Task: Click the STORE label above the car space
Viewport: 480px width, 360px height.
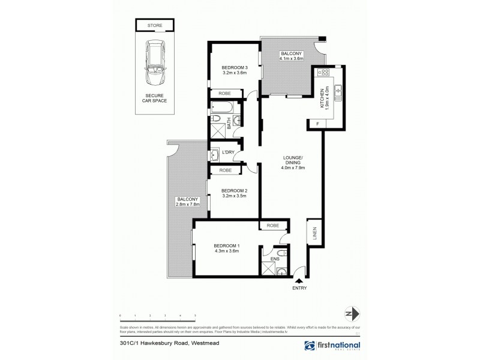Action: (155, 25)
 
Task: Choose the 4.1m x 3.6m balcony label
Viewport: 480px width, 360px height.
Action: (292, 57)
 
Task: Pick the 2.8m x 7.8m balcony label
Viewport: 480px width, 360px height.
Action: (188, 202)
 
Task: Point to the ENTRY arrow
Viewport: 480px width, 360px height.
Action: (299, 280)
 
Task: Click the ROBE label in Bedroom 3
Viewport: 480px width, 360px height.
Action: (225, 93)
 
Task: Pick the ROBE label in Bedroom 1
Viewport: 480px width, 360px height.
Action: (272, 226)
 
